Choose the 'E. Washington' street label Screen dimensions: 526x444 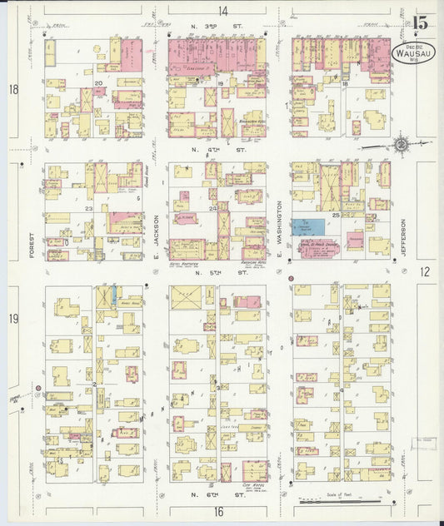[280, 225]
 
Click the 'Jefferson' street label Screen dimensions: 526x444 [402, 236]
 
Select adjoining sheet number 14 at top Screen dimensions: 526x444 [222, 11]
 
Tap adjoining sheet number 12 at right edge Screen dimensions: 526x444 [425, 271]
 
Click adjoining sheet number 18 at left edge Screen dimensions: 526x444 [12, 89]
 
